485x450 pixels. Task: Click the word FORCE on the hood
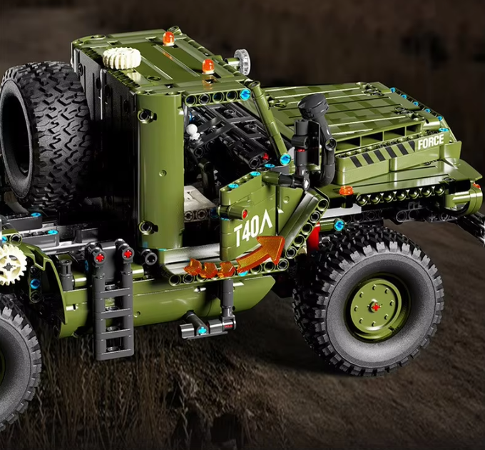pyautogui.click(x=431, y=142)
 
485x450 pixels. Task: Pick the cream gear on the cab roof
pyautogui.click(x=122, y=58)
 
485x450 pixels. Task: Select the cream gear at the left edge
pyautogui.click(x=11, y=264)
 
